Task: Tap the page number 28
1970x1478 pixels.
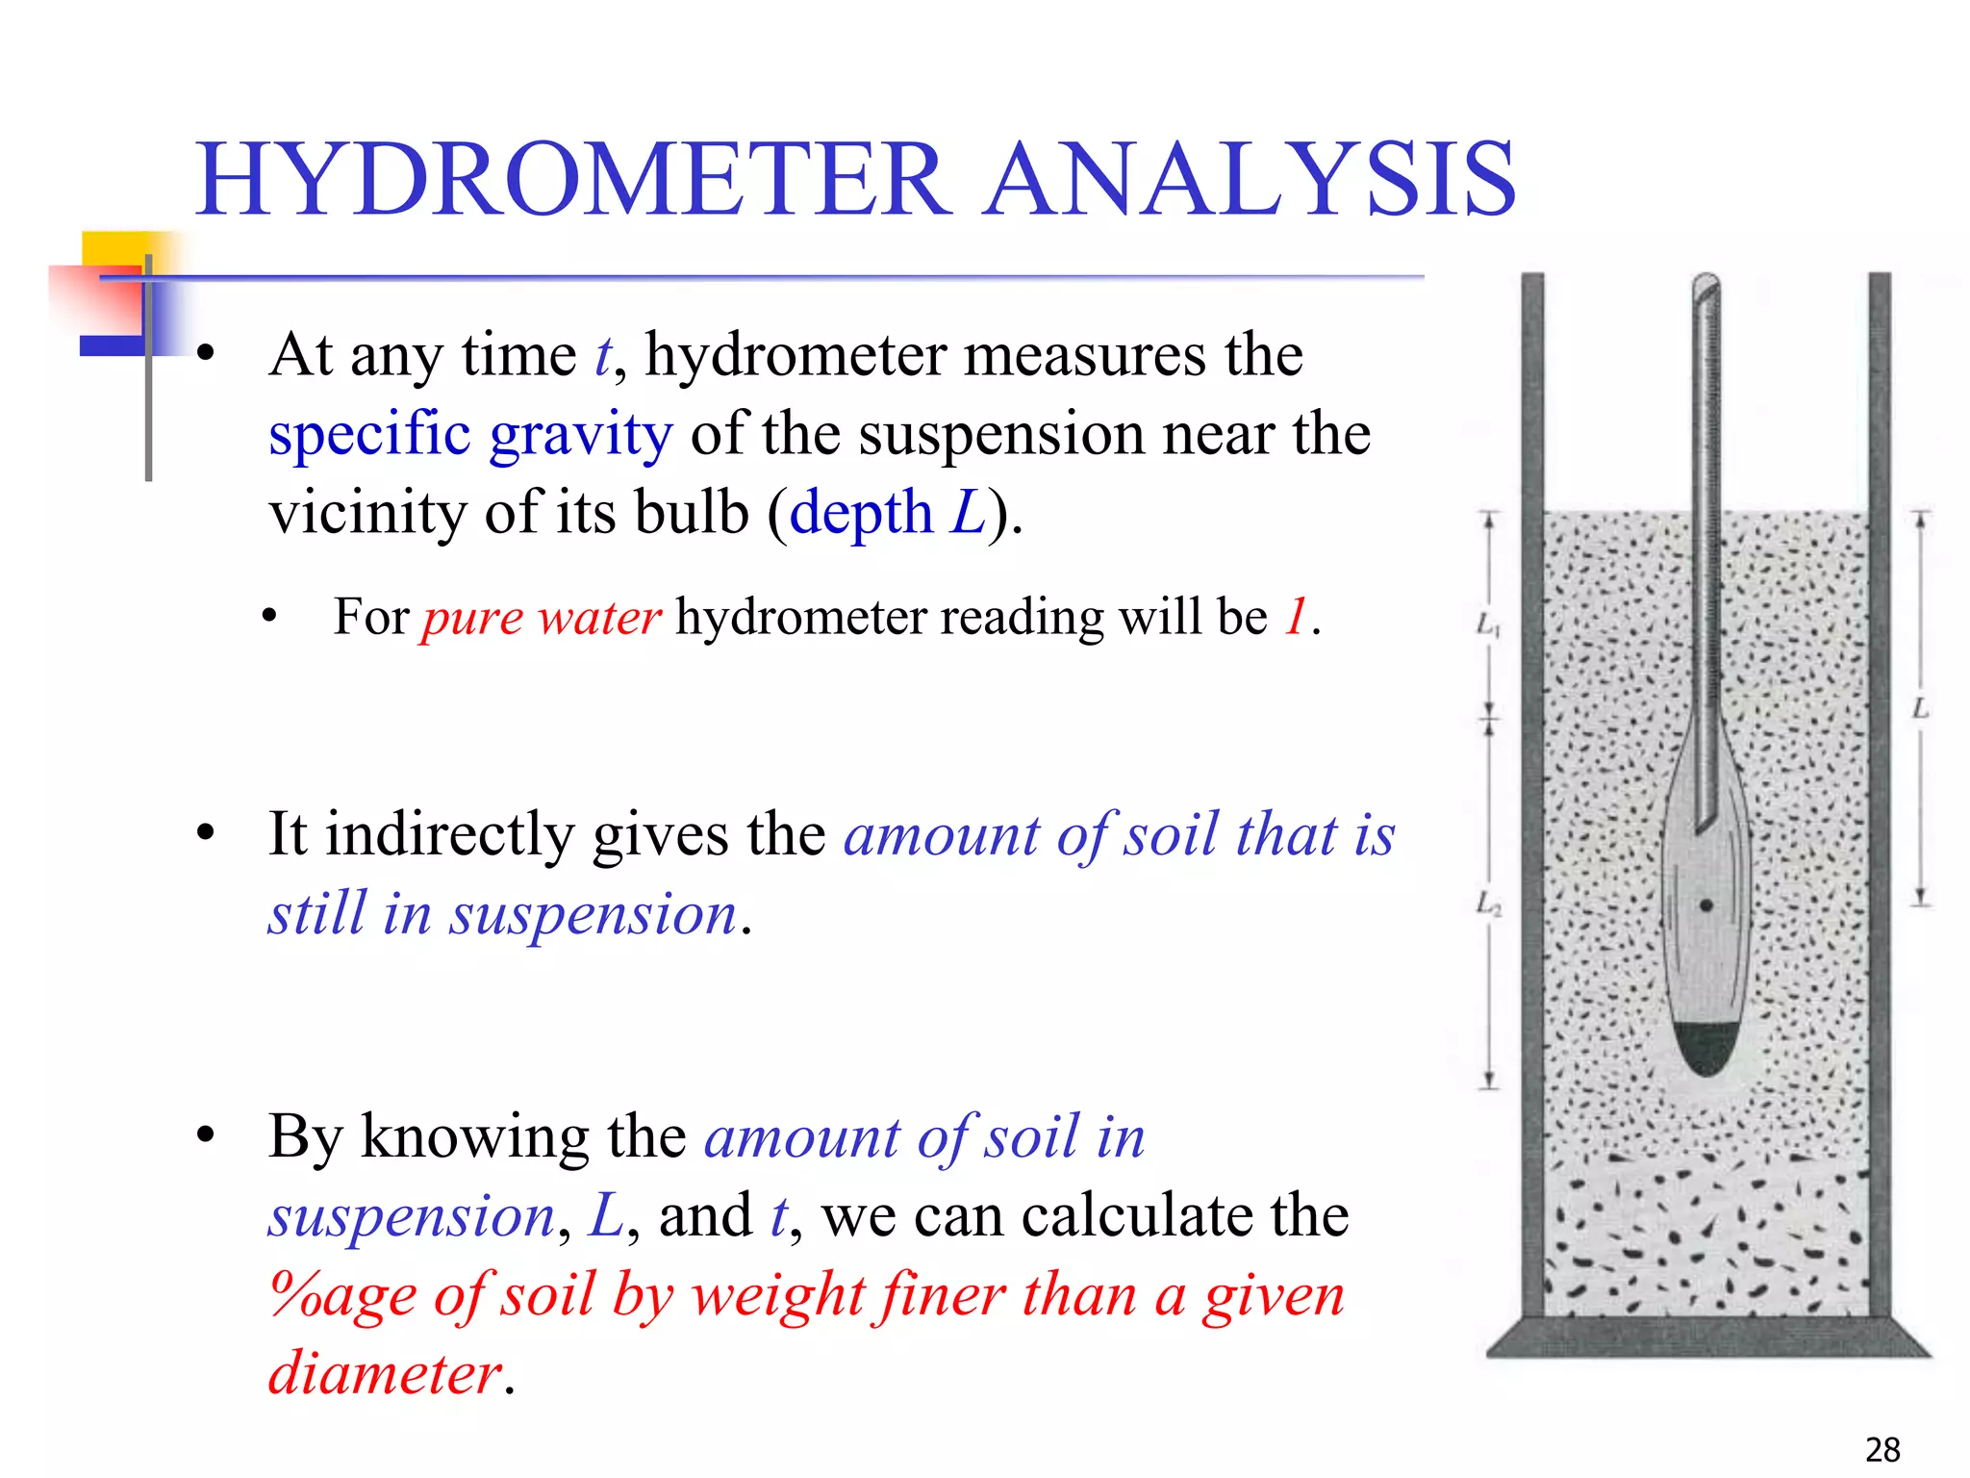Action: [1882, 1449]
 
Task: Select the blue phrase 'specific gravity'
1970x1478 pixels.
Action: [470, 434]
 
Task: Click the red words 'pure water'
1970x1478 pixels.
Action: [542, 617]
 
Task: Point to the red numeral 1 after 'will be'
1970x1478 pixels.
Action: [1296, 617]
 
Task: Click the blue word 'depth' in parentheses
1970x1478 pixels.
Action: [861, 512]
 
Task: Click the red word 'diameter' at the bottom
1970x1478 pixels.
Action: [385, 1372]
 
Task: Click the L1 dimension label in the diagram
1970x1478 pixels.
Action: [1487, 625]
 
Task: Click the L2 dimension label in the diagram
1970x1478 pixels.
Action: [1488, 905]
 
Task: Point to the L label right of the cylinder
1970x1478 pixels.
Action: [1920, 709]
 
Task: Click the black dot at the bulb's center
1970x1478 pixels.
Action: [1706, 905]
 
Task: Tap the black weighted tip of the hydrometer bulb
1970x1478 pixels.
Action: [1705, 1049]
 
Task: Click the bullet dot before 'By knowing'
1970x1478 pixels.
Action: [205, 1135]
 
